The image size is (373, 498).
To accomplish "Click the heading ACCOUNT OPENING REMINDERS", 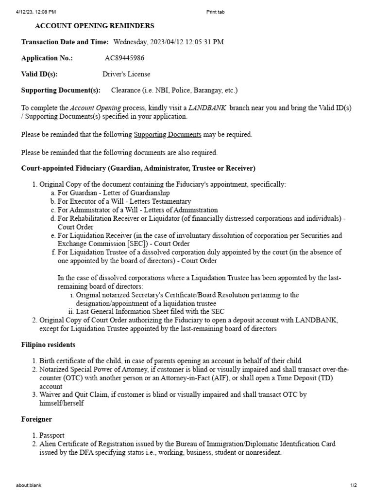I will pyautogui.click(x=95, y=26).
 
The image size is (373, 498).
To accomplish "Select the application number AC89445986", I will pyautogui.click(x=124, y=58).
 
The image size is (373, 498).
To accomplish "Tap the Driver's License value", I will pyautogui.click(x=126, y=74).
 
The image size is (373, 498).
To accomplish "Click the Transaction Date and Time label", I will pyautogui.click(x=65, y=42).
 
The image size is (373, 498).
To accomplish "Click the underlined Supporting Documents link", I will pyautogui.click(x=167, y=135).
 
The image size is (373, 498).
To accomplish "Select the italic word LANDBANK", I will pyautogui.click(x=207, y=107).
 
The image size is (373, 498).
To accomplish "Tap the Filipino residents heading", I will pyautogui.click(x=48, y=345).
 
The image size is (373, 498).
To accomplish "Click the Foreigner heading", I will pyautogui.click(x=36, y=419).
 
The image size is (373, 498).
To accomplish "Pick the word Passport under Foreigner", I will pyautogui.click(x=51, y=435).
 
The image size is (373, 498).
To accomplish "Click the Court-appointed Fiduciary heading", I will pyautogui.click(x=138, y=168).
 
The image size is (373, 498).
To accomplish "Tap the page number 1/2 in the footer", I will pyautogui.click(x=354, y=485).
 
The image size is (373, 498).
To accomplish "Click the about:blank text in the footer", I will pyautogui.click(x=29, y=485).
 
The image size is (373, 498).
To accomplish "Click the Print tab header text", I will pyautogui.click(x=216, y=12).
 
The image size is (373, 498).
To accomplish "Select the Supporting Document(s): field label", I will pyautogui.click(x=61, y=90).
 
